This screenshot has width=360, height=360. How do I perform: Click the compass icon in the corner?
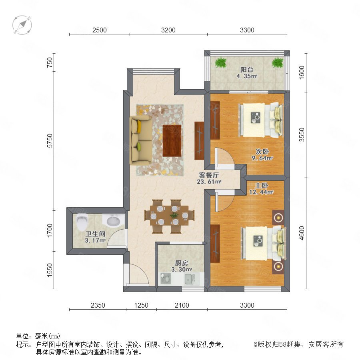22,25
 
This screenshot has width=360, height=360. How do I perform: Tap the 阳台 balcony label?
247,70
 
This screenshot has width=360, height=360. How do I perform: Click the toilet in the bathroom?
82,222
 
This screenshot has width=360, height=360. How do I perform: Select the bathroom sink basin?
111,221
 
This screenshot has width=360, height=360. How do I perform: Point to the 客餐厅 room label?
209,175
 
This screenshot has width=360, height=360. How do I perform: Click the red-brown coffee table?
172,140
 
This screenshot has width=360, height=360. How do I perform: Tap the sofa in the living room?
141,140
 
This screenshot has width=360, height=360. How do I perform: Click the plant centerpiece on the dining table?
174,215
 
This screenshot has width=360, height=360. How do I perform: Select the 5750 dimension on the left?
50,141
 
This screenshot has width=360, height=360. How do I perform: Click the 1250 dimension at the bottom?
141,305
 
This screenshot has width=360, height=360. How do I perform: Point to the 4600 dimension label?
302,233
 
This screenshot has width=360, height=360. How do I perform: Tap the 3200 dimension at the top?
168,30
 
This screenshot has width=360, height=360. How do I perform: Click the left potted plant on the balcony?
221,62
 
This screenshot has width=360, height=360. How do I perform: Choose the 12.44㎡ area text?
262,192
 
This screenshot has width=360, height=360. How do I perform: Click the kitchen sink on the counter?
190,279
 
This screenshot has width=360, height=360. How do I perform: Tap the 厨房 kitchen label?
181,263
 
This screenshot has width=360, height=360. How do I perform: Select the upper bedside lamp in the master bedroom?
278,217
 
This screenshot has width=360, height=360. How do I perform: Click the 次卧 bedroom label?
262,152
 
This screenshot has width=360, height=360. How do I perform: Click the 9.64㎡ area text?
262,158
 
